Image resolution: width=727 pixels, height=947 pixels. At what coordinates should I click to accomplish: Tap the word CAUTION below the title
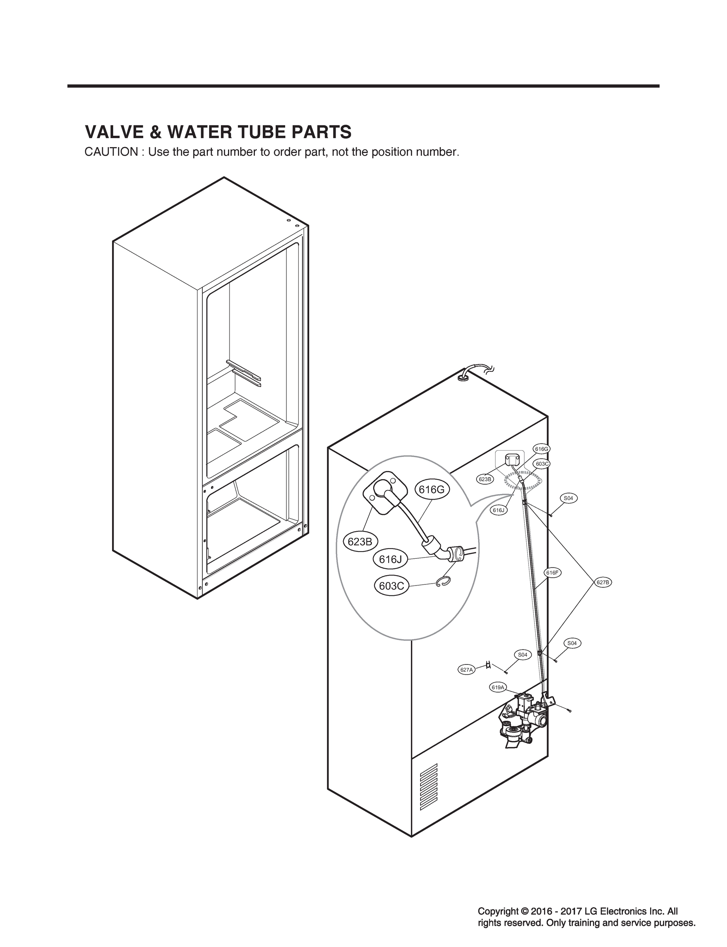tap(110, 152)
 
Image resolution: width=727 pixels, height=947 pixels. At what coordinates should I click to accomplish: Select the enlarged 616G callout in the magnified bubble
tap(432, 490)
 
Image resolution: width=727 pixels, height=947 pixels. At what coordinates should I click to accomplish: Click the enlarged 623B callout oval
tap(360, 541)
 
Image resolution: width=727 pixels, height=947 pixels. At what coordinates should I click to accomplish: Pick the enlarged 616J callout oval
tap(391, 559)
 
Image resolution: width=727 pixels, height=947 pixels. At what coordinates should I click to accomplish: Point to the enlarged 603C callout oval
tap(391, 586)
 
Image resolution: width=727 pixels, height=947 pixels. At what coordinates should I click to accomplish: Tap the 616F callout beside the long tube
tap(552, 573)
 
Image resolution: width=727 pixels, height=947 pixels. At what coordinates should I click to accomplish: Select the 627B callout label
tap(602, 582)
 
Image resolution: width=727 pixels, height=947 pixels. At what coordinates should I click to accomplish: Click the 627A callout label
tap(467, 670)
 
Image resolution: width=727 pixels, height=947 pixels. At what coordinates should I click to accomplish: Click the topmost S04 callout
tap(568, 498)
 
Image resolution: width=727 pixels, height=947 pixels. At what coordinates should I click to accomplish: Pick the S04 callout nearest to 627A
tap(523, 655)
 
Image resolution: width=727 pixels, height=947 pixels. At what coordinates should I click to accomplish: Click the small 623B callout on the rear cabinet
tap(485, 479)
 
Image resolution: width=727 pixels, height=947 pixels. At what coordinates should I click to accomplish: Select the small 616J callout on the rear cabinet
tap(499, 510)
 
